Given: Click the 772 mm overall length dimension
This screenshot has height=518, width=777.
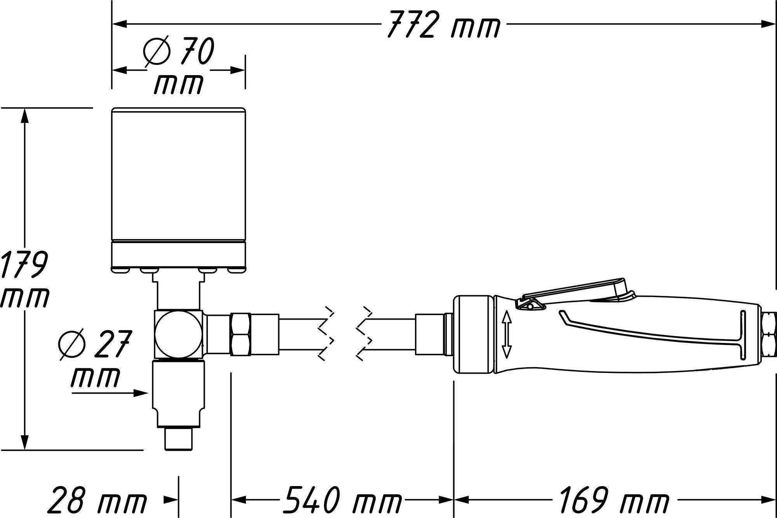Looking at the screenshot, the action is coord(443,24).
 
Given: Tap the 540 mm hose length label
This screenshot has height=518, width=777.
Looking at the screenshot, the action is coord(342,499).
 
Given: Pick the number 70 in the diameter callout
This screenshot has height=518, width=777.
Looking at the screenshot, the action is coord(197,51).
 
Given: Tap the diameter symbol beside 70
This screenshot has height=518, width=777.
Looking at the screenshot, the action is coord(157,51).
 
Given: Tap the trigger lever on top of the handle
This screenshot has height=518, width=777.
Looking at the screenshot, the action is coord(575,290).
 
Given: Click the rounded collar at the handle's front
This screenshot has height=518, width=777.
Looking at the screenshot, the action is coord(474,335).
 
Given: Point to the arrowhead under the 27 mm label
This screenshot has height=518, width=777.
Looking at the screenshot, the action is coord(140,393).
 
